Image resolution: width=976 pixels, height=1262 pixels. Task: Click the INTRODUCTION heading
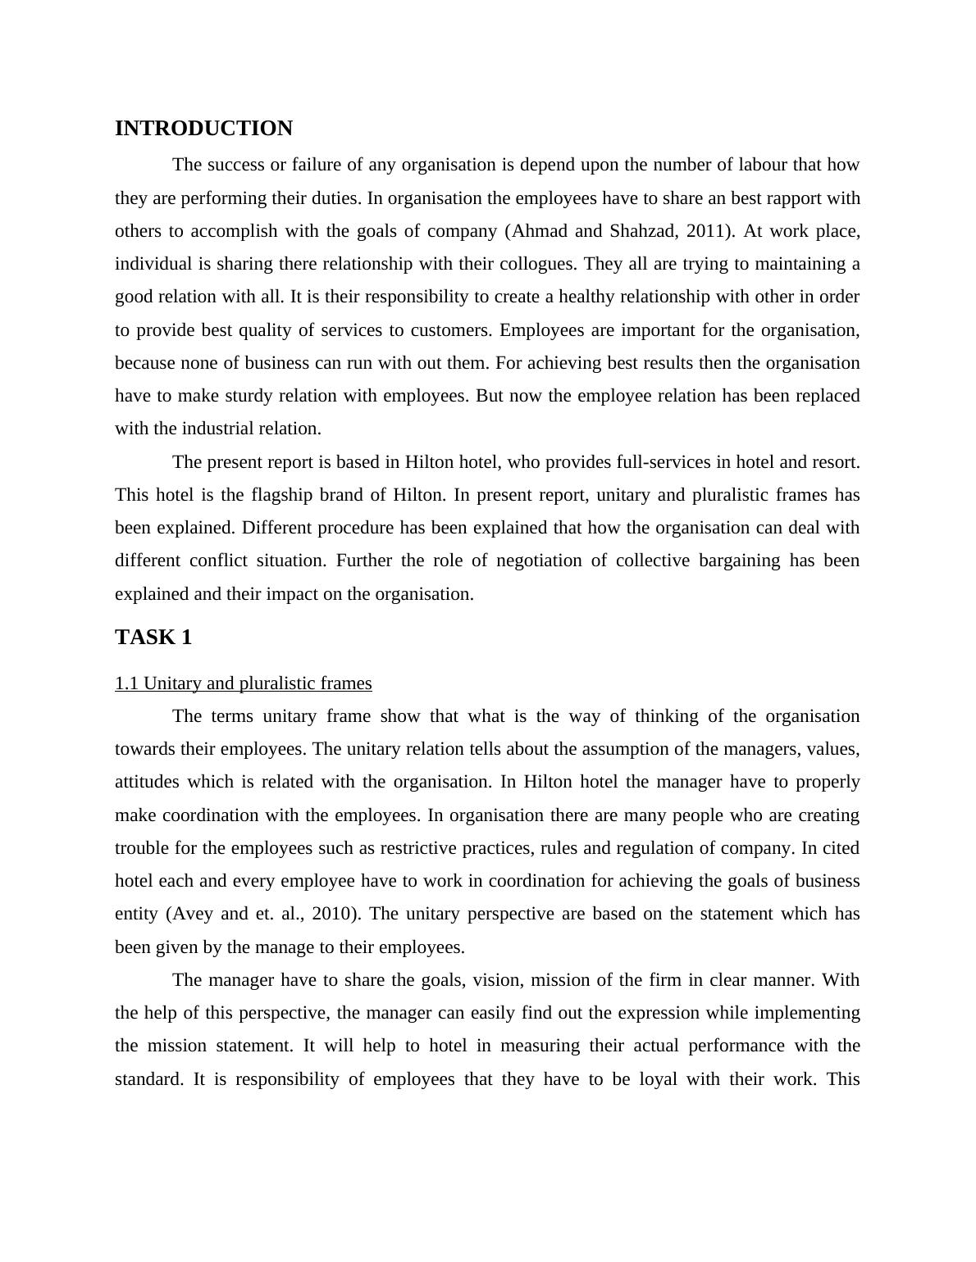(x=203, y=129)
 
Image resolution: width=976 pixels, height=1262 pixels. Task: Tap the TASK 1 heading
(x=153, y=638)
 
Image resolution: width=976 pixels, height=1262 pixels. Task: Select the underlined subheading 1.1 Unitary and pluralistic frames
(x=243, y=683)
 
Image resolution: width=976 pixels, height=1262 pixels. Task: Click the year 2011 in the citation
(x=705, y=231)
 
